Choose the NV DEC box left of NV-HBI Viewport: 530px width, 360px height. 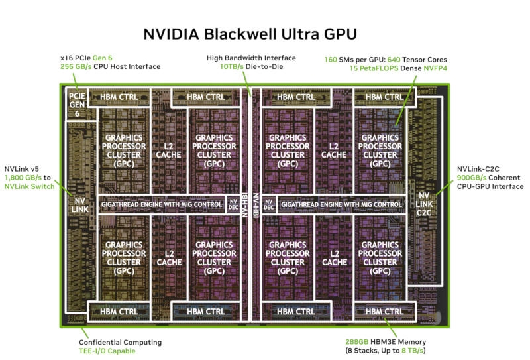click(x=233, y=204)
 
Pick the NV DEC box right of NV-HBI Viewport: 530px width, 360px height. click(x=268, y=204)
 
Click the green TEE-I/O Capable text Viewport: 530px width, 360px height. click(x=107, y=351)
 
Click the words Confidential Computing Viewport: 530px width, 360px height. click(x=120, y=342)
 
